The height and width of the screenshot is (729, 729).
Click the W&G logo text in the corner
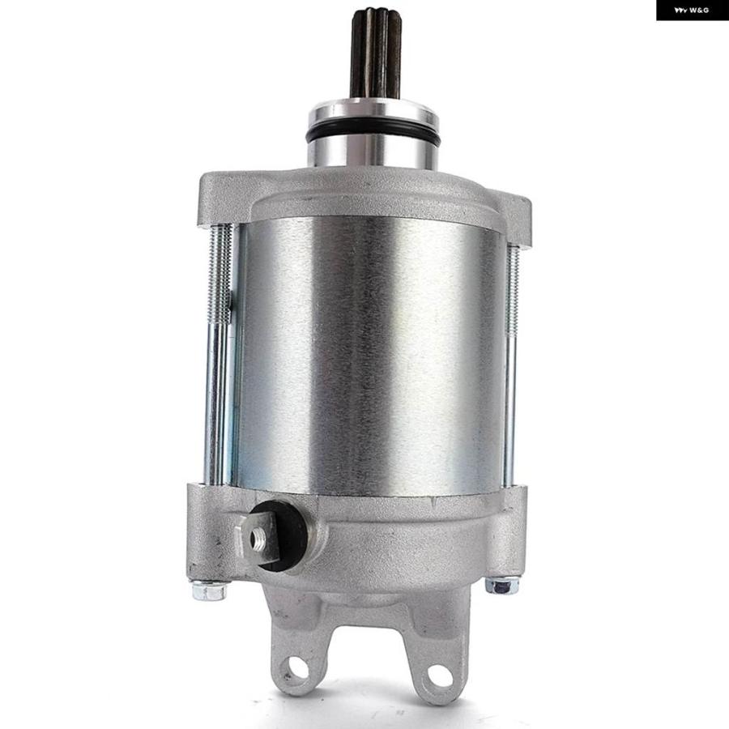(x=692, y=11)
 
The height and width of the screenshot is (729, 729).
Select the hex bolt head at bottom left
(x=209, y=590)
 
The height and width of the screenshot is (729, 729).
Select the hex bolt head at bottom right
(x=502, y=586)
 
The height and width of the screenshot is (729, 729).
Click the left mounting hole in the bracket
(x=297, y=667)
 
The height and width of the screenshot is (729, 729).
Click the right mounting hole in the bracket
(x=440, y=676)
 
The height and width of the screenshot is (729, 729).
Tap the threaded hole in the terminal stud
(x=257, y=539)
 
